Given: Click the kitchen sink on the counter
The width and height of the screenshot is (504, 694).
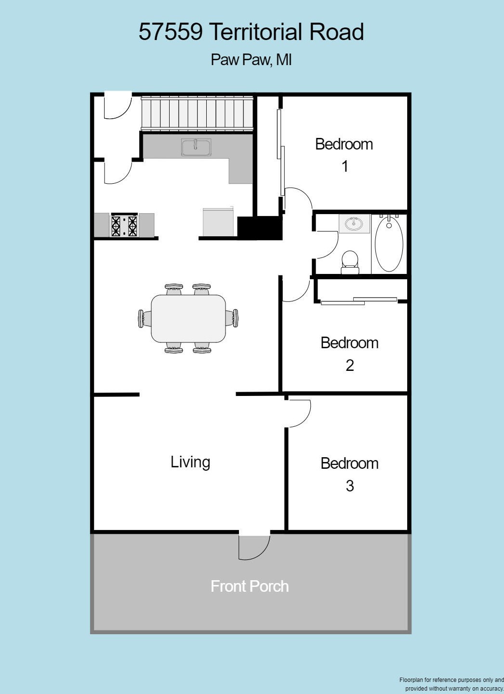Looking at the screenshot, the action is tap(196, 147).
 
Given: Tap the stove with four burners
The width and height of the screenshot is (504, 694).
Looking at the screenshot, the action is tap(124, 225).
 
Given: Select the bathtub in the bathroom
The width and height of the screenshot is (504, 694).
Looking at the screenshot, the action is tap(389, 243).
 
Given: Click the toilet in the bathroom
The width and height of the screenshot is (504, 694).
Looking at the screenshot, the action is tap(350, 262).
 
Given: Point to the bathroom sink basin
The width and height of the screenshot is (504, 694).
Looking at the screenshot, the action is tap(354, 224).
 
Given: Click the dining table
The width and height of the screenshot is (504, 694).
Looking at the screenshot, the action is tap(188, 318).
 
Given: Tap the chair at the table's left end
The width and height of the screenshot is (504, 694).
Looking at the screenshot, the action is tap(144, 318).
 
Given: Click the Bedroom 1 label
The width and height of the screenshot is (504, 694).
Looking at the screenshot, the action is tap(344, 155).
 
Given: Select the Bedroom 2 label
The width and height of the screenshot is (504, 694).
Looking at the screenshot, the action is tap(349, 354).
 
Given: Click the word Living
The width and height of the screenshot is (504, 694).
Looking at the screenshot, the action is tap(190, 462).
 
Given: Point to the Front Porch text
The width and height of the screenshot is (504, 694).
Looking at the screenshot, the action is tap(250, 586).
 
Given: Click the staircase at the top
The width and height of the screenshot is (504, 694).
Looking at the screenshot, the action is tap(197, 113).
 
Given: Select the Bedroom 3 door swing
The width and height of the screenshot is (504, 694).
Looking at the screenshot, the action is tap(298, 414).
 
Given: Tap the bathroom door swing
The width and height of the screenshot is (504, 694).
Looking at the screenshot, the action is tap(327, 245).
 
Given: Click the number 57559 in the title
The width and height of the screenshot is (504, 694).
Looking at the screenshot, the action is tap(171, 32).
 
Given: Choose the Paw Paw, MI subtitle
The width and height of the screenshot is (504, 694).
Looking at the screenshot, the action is tap(251, 60).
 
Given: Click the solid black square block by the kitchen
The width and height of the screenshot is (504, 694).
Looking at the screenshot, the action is tap(260, 228).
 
